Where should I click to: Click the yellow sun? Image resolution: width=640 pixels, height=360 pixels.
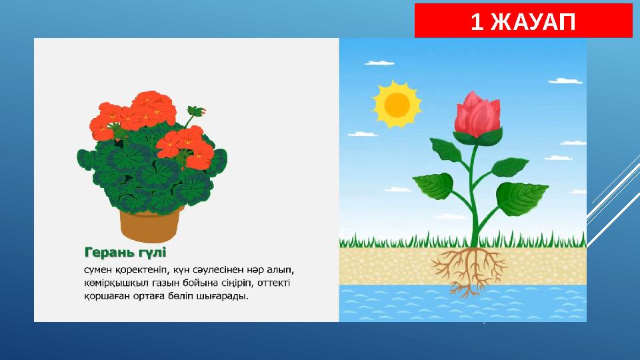(397, 104)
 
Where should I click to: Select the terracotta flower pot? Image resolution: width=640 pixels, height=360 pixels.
(151, 223)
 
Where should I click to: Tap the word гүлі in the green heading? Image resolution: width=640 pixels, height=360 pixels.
(152, 253)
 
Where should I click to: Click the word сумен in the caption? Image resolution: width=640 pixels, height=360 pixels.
(99, 271)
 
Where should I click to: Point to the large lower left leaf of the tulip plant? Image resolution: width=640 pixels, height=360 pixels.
(435, 182)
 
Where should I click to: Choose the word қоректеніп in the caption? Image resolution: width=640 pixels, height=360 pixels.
(143, 271)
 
